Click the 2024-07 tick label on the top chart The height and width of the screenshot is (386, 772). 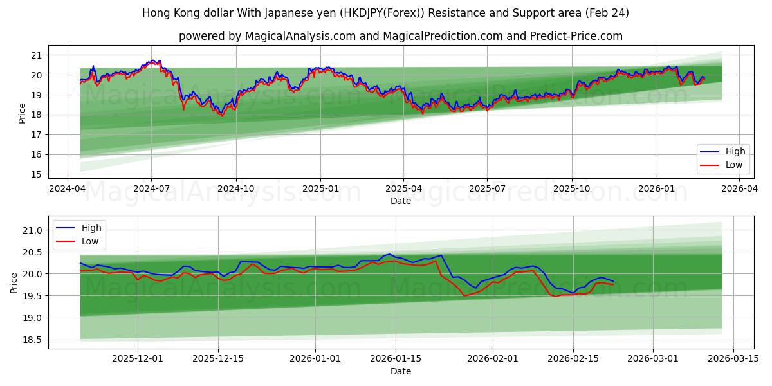[151, 188]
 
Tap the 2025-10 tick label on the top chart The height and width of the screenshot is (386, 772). [572, 188]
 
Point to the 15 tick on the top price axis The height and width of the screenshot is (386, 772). [35, 174]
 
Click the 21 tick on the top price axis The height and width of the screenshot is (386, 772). [35, 55]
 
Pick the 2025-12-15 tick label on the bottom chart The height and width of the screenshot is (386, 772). [219, 358]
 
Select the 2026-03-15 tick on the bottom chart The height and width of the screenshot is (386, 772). [733, 358]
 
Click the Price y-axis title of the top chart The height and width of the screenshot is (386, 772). [23, 113]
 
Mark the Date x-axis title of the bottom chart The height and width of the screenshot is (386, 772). [400, 371]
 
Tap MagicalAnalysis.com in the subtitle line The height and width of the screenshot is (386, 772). [300, 36]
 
